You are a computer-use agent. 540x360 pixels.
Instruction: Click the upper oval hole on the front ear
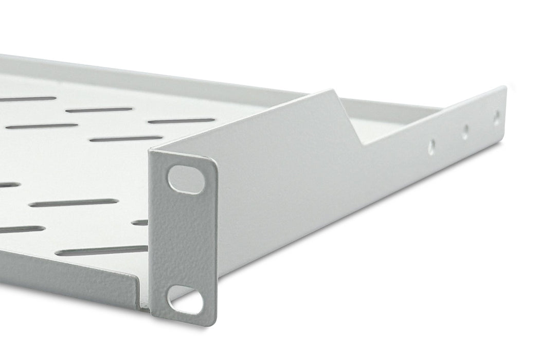(186, 179)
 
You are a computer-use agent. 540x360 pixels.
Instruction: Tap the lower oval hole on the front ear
(185, 300)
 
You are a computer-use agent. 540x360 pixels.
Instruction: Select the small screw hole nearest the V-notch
(431, 146)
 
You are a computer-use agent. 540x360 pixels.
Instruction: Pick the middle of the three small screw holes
(465, 132)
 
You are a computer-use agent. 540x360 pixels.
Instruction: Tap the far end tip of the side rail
(505, 88)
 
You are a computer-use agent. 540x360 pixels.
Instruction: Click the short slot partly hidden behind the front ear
(140, 223)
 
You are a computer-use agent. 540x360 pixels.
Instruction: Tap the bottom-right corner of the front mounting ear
(214, 323)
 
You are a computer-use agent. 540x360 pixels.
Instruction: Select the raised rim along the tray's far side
(154, 77)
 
